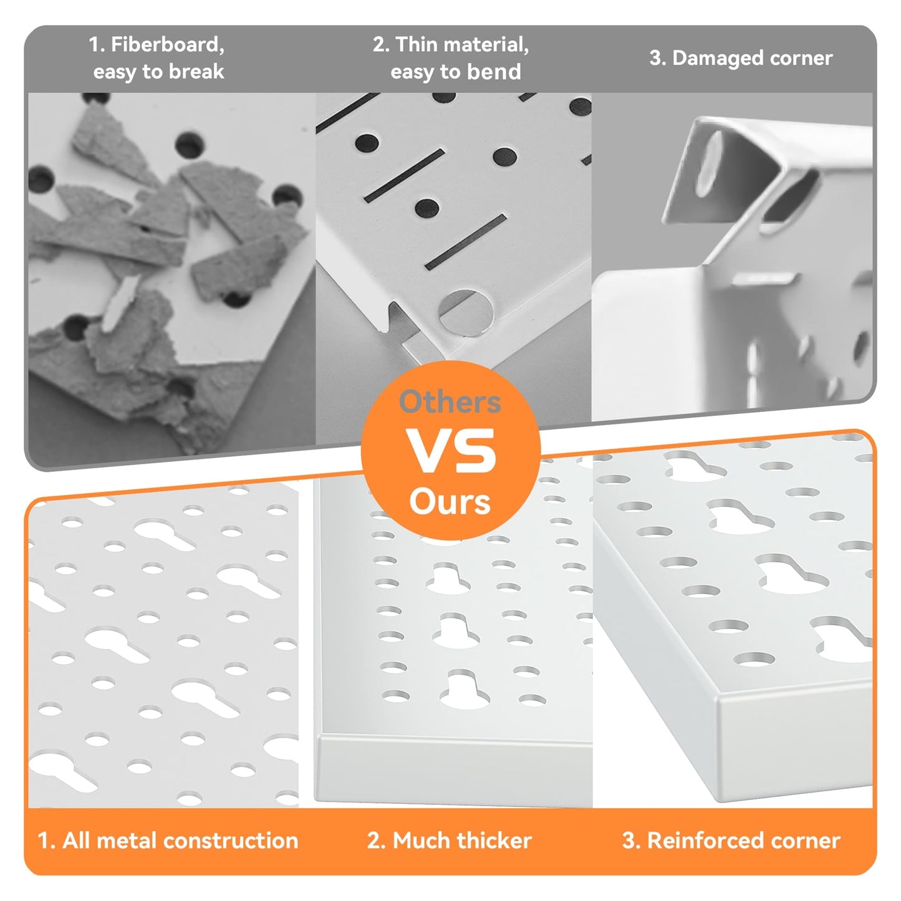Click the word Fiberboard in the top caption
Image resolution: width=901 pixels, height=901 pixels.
pos(167,45)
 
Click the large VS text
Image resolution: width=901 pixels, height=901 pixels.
pos(451,451)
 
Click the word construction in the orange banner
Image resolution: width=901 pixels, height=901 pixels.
pos(231,841)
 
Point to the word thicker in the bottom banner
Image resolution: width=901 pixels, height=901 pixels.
pos(494,841)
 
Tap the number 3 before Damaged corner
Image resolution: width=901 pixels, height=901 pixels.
pos(655,59)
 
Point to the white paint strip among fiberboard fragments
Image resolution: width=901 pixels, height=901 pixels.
pos(119,304)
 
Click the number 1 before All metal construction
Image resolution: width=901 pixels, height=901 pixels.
pos(45,841)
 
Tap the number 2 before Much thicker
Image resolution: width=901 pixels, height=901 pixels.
pos(374,841)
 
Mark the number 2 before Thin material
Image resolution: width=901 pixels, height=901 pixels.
pos(380,45)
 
